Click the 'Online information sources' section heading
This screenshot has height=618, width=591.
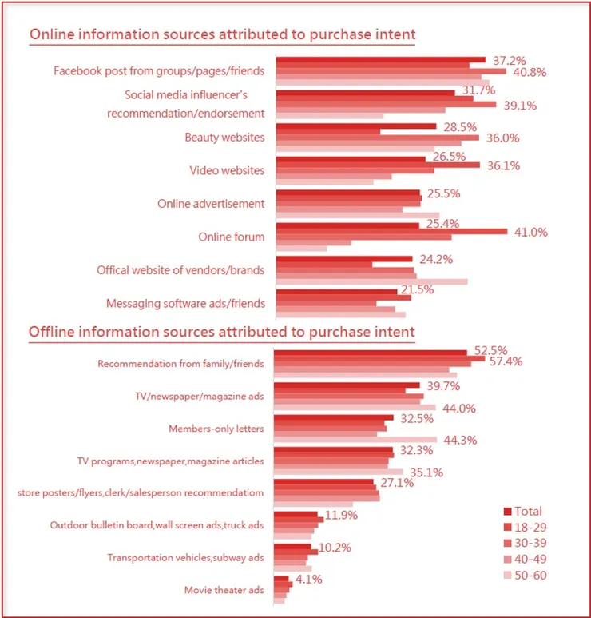pyautogui.click(x=222, y=35)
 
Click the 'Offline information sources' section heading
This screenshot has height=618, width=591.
pyautogui.click(x=222, y=331)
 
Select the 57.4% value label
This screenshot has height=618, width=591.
pyautogui.click(x=507, y=361)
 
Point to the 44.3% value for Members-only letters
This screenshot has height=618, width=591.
pyautogui.click(x=458, y=440)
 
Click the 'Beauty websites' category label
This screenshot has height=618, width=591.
pyautogui.click(x=224, y=138)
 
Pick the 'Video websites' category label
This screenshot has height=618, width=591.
pyautogui.click(x=227, y=170)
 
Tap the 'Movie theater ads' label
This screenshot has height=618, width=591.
pyautogui.click(x=224, y=590)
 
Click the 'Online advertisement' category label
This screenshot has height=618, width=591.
pyautogui.click(x=211, y=203)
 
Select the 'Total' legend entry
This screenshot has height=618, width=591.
pyautogui.click(x=528, y=512)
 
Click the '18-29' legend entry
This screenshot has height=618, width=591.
pyautogui.click(x=531, y=528)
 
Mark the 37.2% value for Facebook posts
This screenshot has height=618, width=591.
pyautogui.click(x=510, y=61)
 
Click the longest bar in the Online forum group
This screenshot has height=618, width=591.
pyautogui.click(x=391, y=231)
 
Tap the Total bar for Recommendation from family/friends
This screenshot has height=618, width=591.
pyautogui.click(x=371, y=353)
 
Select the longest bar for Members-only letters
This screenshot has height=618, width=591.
pyautogui.click(x=355, y=440)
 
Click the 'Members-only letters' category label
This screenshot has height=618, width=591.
pyautogui.click(x=216, y=429)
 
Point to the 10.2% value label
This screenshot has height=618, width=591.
pyautogui.click(x=335, y=548)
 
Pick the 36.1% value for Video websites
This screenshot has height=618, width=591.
pyautogui.click(x=503, y=166)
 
